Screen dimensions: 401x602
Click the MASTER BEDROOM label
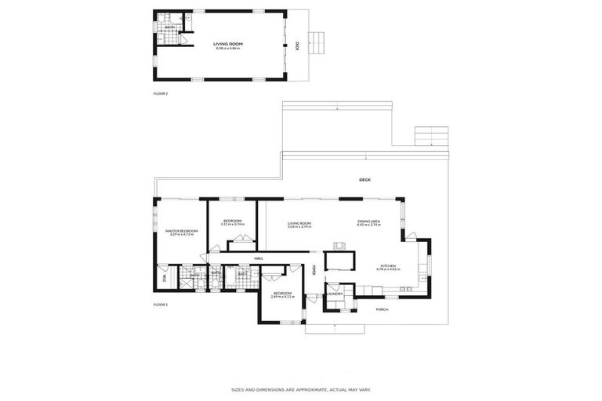pos(181,232)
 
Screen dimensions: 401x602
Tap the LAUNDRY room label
pos(335,294)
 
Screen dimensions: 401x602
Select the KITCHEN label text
pos(390,267)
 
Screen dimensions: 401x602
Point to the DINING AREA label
pos(368,223)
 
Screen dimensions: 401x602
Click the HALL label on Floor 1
pos(258,258)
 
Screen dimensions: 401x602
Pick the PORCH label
pos(382,309)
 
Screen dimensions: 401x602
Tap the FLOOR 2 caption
pos(161,93)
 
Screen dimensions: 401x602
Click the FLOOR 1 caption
pos(161,303)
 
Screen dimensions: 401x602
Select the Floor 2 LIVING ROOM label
pos(227,45)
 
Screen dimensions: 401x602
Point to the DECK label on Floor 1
pos(364,179)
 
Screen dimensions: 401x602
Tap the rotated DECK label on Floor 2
pos(297,45)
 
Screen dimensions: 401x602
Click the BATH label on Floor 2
pos(169,27)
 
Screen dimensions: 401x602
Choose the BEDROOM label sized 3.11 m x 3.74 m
pos(232,222)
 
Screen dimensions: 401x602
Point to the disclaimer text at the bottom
pos(301,389)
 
